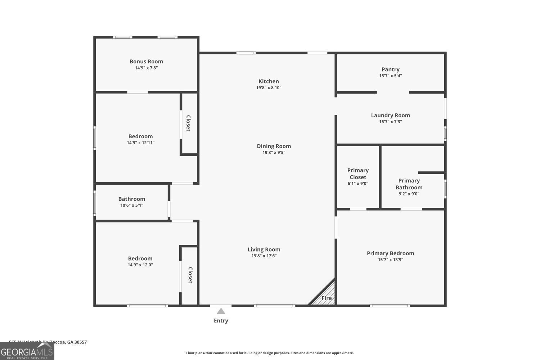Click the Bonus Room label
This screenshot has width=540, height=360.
pyautogui.click(x=146, y=62)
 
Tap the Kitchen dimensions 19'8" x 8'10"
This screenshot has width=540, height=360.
pyautogui.click(x=269, y=87)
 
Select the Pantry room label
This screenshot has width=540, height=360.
pyautogui.click(x=390, y=69)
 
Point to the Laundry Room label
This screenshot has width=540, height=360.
pyautogui.click(x=390, y=115)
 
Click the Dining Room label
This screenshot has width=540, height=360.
pyautogui.click(x=274, y=146)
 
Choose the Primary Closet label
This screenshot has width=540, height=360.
pyautogui.click(x=358, y=174)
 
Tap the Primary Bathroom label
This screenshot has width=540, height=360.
pyautogui.click(x=409, y=184)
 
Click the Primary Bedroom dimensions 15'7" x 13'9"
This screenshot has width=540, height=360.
pyautogui.click(x=390, y=260)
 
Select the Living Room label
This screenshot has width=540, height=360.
pyautogui.click(x=264, y=249)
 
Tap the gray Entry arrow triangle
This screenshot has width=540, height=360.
pyautogui.click(x=221, y=311)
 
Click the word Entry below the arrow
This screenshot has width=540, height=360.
pyautogui.click(x=221, y=320)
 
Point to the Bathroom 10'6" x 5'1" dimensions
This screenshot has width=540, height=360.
pyautogui.click(x=132, y=205)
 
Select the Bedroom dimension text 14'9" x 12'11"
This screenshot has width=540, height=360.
pyautogui.click(x=140, y=143)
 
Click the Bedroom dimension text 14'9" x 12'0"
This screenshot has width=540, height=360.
pyautogui.click(x=140, y=265)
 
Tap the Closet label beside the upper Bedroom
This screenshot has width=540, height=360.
pyautogui.click(x=188, y=123)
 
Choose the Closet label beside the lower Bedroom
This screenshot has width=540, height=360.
pyautogui.click(x=190, y=275)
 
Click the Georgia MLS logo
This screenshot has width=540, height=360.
pyautogui.click(x=27, y=351)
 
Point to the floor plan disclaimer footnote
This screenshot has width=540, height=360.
pyautogui.click(x=270, y=353)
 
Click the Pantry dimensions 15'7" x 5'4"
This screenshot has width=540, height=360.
pyautogui.click(x=390, y=76)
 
